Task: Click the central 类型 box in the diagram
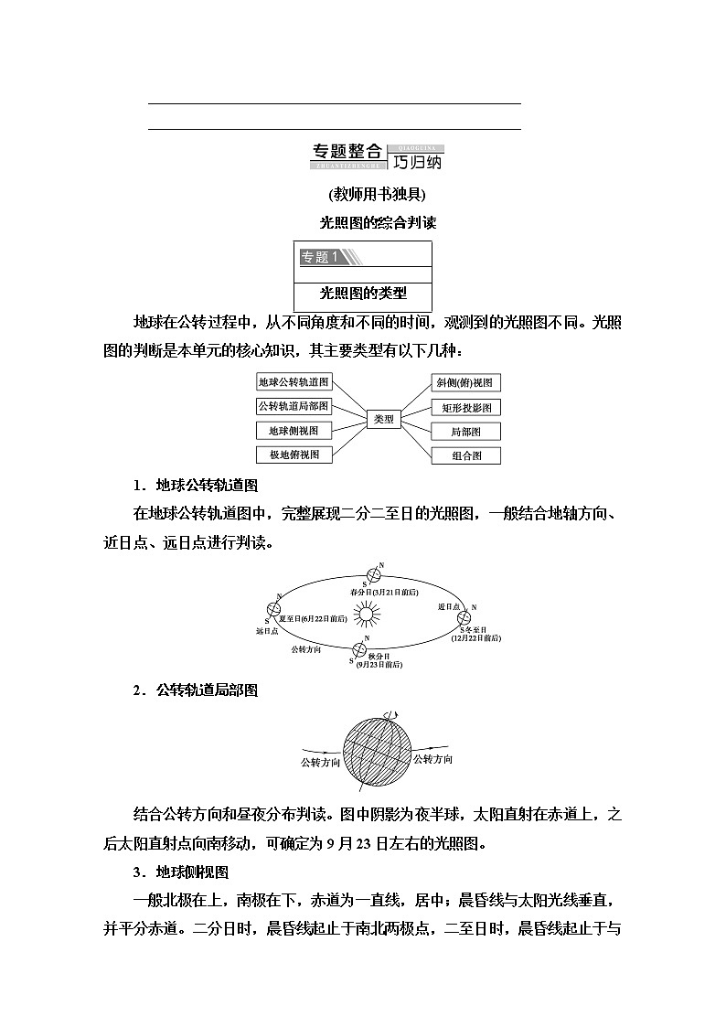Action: point(384,419)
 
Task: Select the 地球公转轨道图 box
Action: point(294,382)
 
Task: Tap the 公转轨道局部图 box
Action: point(294,406)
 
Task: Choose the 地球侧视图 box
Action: point(294,431)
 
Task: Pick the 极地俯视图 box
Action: point(294,455)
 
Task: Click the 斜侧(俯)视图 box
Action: point(466,383)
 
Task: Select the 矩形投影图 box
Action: point(466,407)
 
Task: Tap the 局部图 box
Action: point(466,431)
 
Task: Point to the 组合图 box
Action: point(466,455)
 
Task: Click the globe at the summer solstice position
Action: point(272,610)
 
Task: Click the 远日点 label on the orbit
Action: point(266,631)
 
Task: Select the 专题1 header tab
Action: point(320,257)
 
